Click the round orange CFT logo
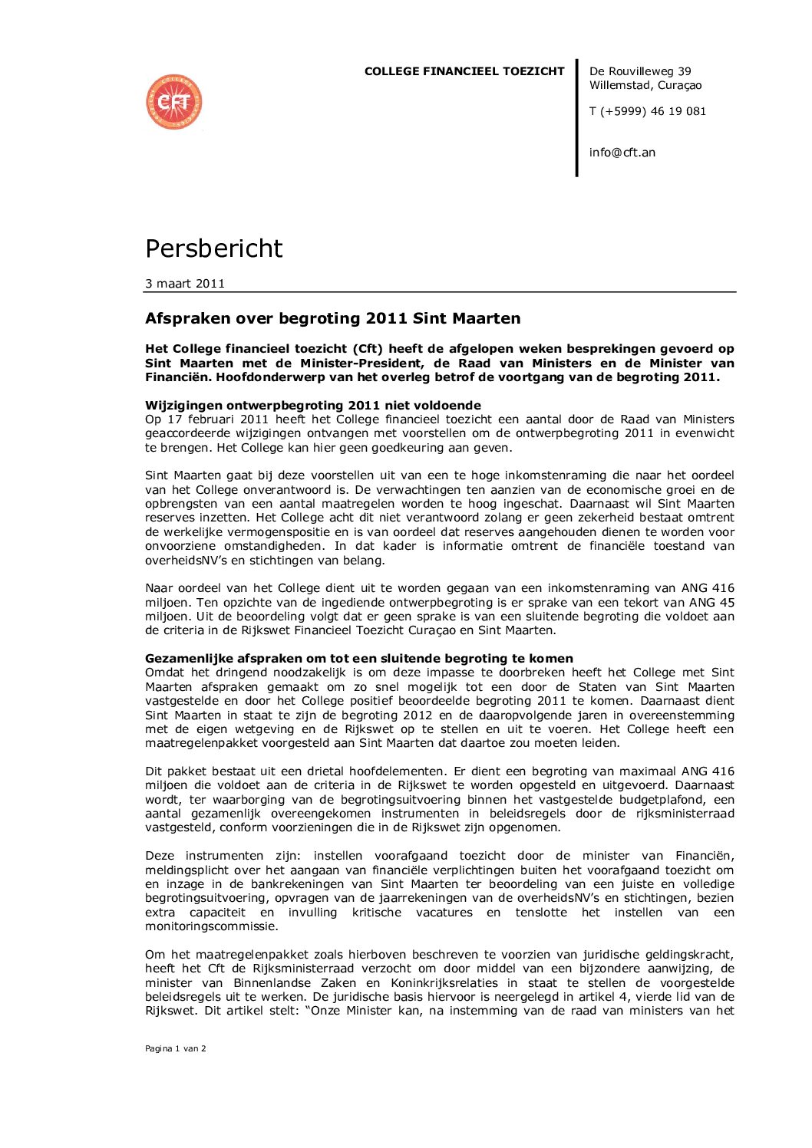point(174,102)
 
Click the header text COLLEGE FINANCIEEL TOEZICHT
point(464,71)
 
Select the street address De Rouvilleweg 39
point(640,71)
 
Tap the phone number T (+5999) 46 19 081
point(647,111)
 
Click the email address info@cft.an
point(622,153)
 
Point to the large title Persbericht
point(213,248)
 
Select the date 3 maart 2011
point(185,284)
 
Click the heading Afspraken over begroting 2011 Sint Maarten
point(332,318)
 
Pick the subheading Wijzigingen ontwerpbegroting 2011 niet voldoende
point(313,406)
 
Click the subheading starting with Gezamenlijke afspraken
point(358,659)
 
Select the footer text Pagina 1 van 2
point(175,1048)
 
